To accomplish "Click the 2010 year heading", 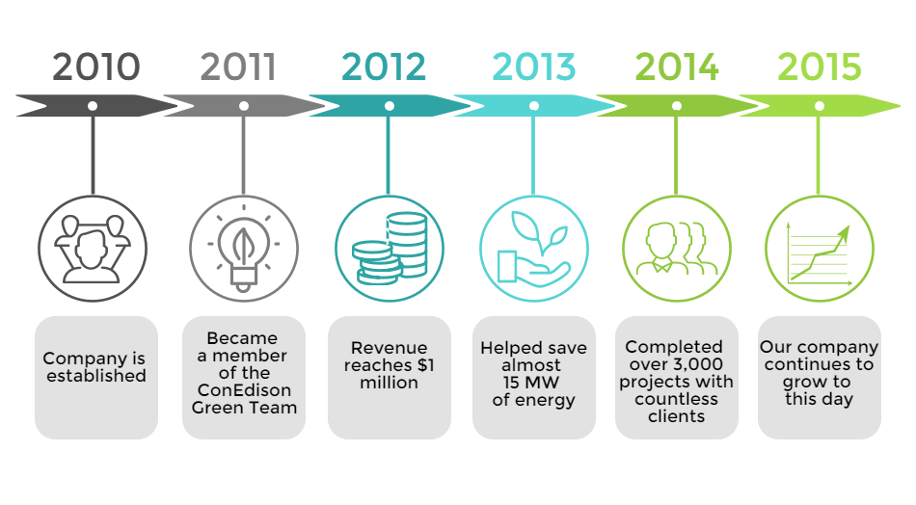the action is (x=96, y=66).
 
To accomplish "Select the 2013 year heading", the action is (x=533, y=66).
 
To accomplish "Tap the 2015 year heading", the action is (x=819, y=66).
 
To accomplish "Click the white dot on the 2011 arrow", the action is (x=244, y=106).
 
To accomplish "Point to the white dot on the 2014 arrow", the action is (x=677, y=106).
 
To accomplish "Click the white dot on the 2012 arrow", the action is (x=390, y=106).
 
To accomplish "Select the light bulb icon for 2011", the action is (x=244, y=250).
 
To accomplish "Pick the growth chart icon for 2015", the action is (x=819, y=253).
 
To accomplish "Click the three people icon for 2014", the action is (x=677, y=248).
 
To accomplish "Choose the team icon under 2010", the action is (x=93, y=250).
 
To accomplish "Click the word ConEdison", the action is (x=244, y=390).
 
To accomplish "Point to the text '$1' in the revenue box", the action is (x=425, y=365).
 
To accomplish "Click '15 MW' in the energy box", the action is (x=531, y=383).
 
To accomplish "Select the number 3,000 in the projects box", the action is (x=697, y=365).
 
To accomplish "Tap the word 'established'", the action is (x=96, y=376).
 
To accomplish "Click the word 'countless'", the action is (x=677, y=399).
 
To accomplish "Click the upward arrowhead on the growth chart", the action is (x=845, y=233).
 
